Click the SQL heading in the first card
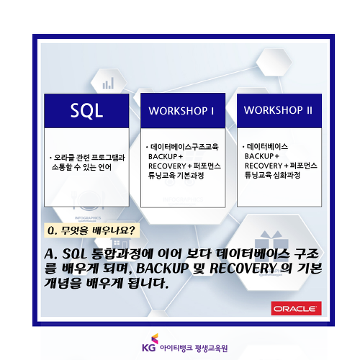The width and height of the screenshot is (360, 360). tap(86, 111)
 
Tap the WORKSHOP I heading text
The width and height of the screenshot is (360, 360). tap(181, 111)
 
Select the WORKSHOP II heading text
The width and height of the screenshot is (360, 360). tap(278, 110)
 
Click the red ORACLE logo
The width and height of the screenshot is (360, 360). tap(297, 308)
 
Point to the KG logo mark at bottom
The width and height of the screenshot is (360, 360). tap(150, 343)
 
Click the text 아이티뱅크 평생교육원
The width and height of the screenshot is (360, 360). tap(194, 348)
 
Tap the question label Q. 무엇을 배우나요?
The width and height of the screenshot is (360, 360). tap(91, 230)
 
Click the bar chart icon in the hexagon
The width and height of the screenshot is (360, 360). tap(108, 83)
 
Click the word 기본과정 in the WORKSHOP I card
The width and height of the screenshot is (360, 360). tap(190, 176)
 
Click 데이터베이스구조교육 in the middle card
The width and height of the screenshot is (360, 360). tap(184, 147)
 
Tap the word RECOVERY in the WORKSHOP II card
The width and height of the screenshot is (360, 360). tap(264, 166)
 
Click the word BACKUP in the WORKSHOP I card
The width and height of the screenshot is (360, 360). tap(163, 156)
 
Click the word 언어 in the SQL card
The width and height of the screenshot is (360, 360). tap(105, 167)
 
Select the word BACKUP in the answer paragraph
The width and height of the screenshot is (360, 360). tap(163, 269)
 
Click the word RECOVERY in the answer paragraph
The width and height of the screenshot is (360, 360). tap(243, 268)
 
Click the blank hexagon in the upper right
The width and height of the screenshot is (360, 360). tap(274, 63)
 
